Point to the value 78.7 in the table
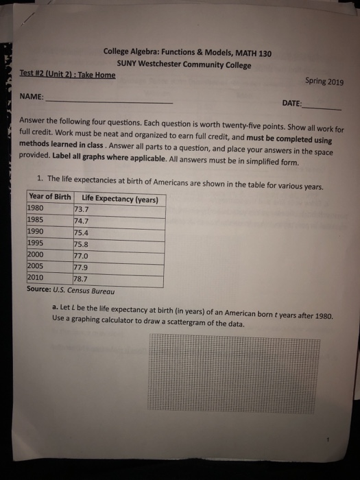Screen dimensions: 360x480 82,279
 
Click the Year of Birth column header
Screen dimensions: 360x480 49,197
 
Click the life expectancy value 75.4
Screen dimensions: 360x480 82,232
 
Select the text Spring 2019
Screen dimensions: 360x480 323,81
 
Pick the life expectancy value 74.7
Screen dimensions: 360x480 82,221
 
